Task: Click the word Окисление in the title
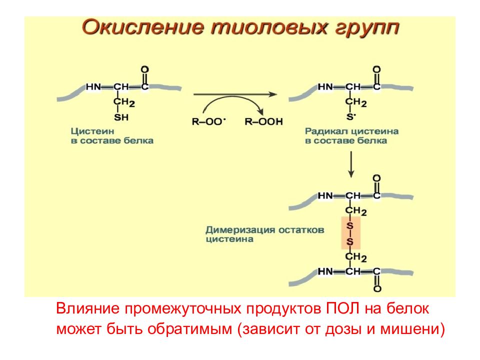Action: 143,27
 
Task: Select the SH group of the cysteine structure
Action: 121,117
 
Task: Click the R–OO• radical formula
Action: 208,121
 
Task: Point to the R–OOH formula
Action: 263,121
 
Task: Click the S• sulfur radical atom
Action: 351,117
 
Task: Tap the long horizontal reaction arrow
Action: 235,94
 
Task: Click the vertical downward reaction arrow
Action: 351,164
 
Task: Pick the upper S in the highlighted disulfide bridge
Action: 349,226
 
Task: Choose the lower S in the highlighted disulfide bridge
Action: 349,242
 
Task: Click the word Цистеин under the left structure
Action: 92,131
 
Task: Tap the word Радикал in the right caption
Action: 326,131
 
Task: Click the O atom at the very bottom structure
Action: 377,288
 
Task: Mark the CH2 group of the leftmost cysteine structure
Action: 124,102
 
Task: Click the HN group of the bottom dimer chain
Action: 325,271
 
